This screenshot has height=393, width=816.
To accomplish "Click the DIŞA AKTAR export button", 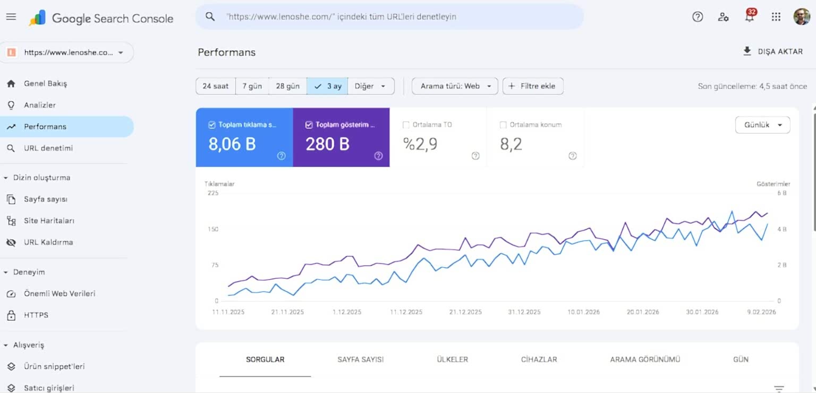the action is click(x=772, y=52).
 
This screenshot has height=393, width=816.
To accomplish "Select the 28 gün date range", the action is click(x=287, y=86).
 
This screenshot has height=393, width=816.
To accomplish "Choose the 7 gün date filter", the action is click(x=252, y=86).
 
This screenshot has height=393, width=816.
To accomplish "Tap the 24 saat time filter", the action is click(x=215, y=86).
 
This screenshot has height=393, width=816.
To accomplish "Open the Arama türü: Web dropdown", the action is click(x=455, y=86).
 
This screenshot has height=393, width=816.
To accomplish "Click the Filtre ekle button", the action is click(x=533, y=86).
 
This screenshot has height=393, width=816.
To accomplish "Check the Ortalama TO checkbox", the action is click(x=406, y=124).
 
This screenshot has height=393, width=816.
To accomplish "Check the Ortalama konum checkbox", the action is click(x=503, y=124).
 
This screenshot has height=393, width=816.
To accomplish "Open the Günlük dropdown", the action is click(x=762, y=124).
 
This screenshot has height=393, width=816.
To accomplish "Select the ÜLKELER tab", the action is click(x=452, y=359).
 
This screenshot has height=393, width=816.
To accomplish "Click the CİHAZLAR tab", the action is click(x=539, y=359).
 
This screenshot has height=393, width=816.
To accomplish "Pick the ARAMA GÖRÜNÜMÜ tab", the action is click(x=645, y=359).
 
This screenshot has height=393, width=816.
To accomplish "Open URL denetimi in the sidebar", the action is click(x=48, y=148).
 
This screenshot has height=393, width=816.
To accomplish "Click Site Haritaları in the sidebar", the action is click(x=49, y=221).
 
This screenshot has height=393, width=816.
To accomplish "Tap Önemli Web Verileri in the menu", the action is click(x=59, y=294).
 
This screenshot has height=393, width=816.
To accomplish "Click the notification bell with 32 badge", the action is click(x=750, y=16).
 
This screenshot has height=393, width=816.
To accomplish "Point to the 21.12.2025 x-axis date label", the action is click(x=465, y=312).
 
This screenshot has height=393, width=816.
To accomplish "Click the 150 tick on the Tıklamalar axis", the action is click(x=213, y=229).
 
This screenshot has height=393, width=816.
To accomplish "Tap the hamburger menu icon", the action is click(x=11, y=17).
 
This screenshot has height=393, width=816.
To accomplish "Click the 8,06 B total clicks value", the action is click(x=232, y=144).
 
